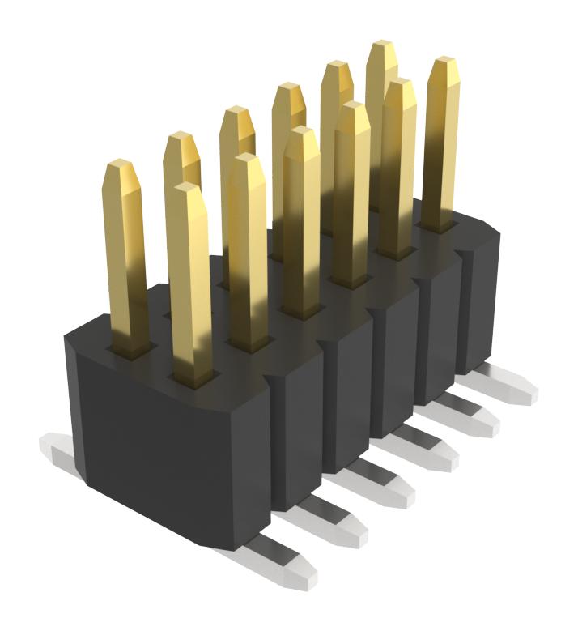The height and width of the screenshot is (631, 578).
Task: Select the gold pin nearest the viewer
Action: tap(190, 284)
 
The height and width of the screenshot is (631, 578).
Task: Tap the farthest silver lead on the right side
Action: tap(510, 385)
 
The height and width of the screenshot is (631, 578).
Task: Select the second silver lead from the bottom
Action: tap(336, 518)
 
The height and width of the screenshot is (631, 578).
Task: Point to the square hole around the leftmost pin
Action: tap(130, 348)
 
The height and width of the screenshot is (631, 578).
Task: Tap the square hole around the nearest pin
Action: tap(192, 376)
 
